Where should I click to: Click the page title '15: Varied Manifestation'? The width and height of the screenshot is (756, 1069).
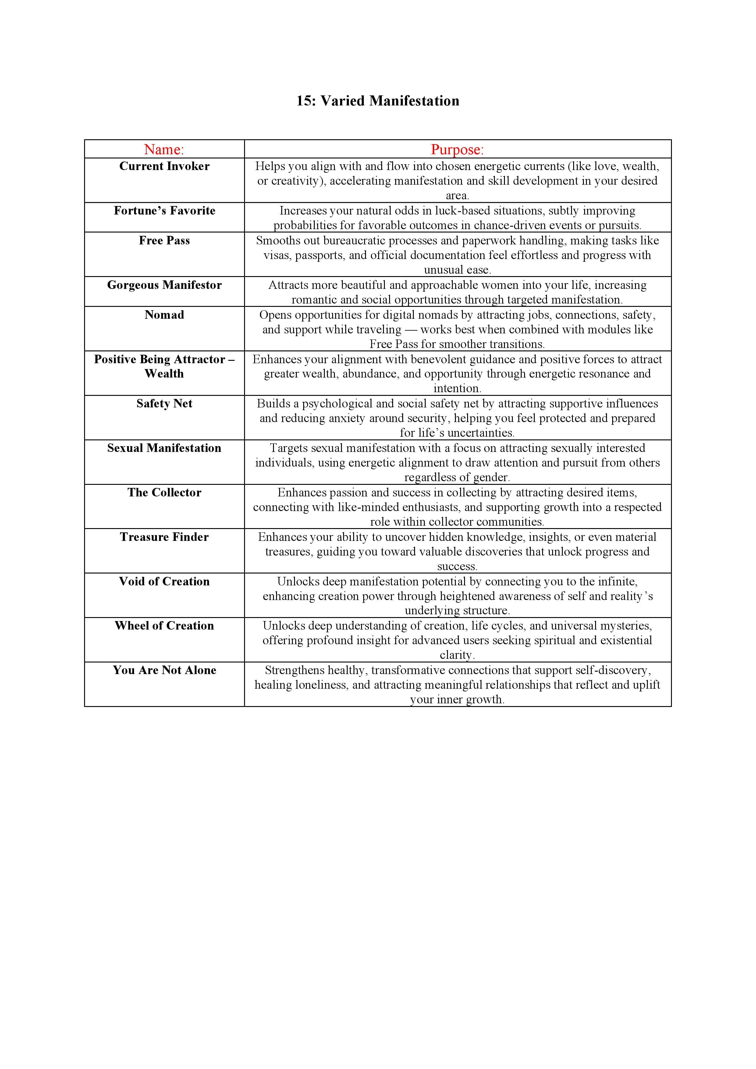(378, 101)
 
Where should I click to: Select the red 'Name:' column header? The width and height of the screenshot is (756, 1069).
(164, 149)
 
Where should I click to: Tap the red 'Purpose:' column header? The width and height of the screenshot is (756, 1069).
(457, 149)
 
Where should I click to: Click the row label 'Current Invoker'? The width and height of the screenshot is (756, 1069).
(164, 166)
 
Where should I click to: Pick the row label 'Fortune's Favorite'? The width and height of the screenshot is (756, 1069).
(164, 211)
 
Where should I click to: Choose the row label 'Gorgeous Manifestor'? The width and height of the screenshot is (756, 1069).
(164, 285)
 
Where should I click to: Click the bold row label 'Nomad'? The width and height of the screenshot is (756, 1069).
(164, 315)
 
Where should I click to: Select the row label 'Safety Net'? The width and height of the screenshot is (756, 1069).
(164, 404)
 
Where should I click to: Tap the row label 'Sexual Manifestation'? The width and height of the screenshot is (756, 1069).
(164, 448)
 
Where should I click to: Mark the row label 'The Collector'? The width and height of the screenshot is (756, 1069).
(164, 492)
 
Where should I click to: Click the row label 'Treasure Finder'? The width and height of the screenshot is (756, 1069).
(164, 537)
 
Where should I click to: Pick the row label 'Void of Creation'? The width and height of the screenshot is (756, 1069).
(164, 581)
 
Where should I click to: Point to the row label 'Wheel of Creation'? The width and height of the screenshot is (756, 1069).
(164, 626)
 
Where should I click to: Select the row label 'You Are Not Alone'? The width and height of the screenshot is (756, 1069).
(164, 670)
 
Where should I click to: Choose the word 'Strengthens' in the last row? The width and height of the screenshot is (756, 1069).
(292, 670)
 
